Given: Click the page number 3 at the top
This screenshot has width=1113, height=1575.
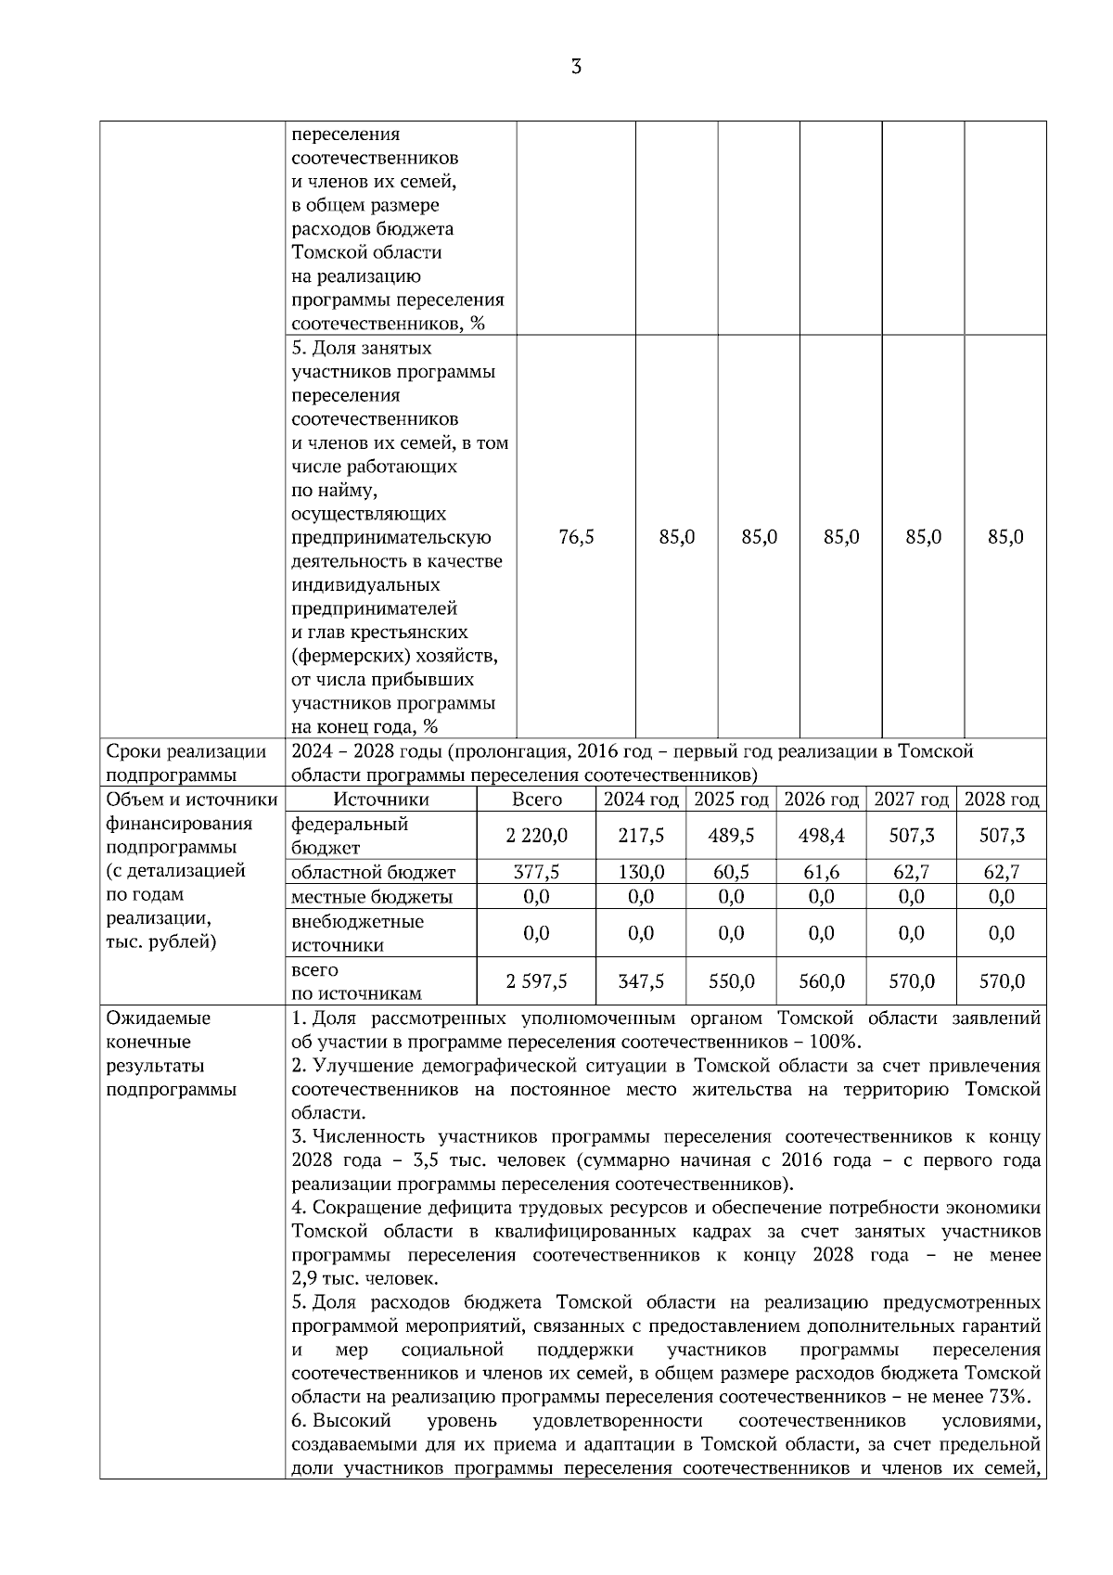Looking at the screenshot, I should (x=576, y=67).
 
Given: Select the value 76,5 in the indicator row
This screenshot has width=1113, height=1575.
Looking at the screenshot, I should (x=576, y=537).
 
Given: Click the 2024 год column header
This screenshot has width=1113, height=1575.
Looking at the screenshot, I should (x=641, y=800).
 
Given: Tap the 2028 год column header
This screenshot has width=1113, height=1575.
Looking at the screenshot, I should (x=1002, y=800).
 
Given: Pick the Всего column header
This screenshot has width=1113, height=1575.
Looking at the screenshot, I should (x=537, y=800).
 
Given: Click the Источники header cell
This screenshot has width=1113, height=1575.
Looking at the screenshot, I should (x=381, y=800).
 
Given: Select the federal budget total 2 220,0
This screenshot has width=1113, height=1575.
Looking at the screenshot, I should (x=537, y=836).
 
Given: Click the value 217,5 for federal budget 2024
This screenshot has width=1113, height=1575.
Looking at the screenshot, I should (x=641, y=836).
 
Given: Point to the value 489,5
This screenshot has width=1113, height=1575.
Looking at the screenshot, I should (x=731, y=836).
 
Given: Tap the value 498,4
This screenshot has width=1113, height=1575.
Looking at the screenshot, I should (x=821, y=836).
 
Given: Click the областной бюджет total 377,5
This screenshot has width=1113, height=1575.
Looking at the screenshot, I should (x=537, y=872).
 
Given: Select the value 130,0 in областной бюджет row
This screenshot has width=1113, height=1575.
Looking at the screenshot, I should (x=641, y=872).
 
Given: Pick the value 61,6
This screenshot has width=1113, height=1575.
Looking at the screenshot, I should (x=821, y=872).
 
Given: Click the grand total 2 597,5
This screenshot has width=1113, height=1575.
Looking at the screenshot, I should (x=537, y=981).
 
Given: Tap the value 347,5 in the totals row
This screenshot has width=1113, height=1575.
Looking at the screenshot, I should (x=641, y=981).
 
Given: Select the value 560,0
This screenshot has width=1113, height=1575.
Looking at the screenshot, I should (x=821, y=981).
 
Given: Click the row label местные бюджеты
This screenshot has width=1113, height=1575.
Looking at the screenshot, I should (x=372, y=897).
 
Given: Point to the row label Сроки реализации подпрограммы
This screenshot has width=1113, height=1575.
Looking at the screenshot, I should (x=186, y=763).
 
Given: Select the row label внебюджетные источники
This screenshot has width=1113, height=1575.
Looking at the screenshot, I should (x=357, y=933).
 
